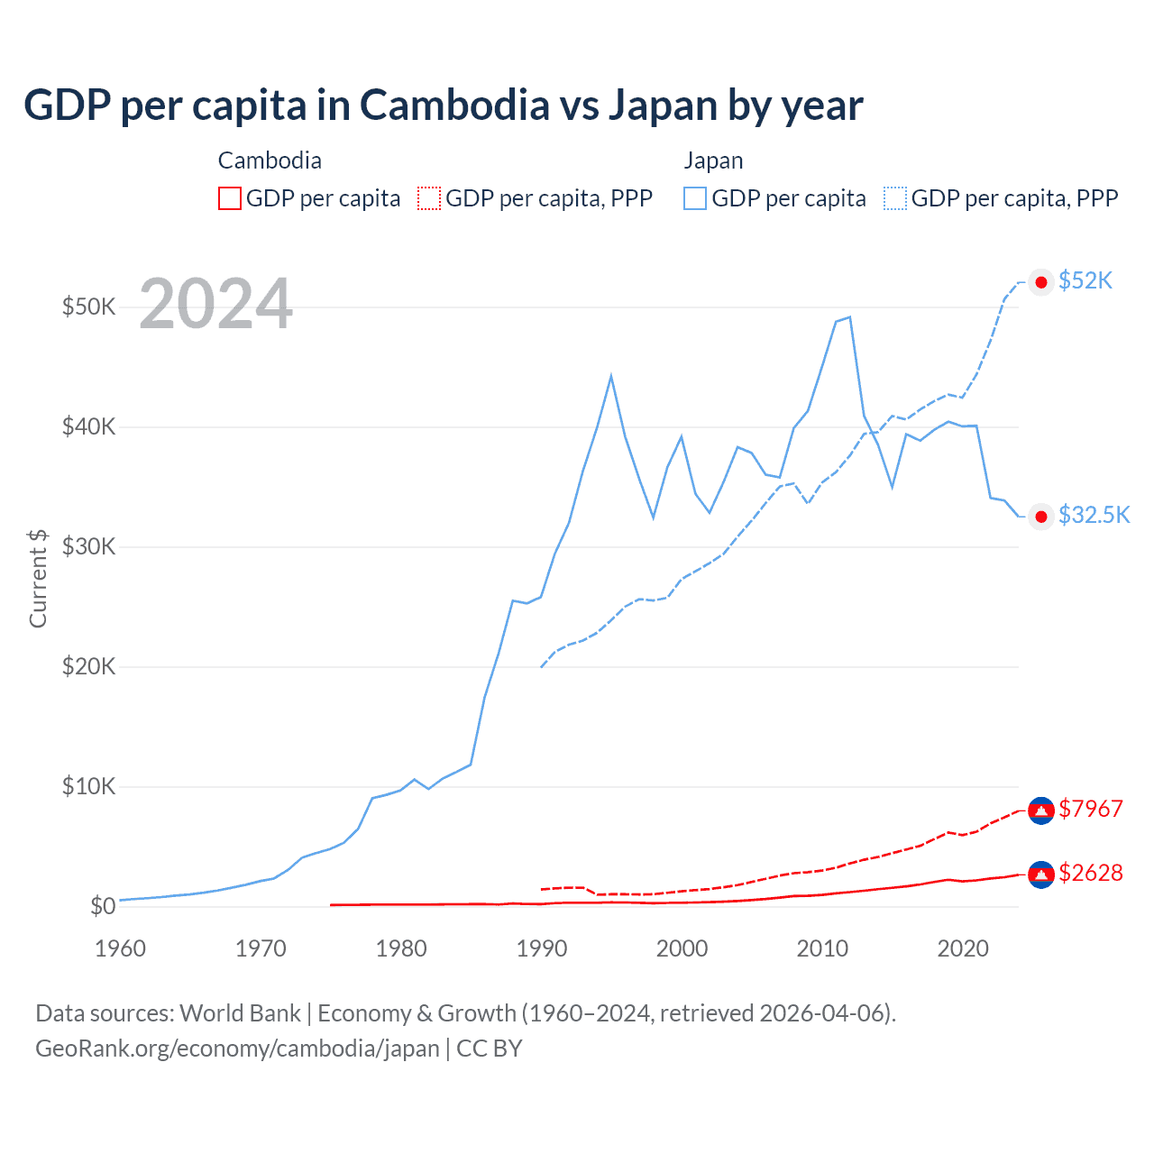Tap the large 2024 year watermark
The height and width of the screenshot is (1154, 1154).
215,305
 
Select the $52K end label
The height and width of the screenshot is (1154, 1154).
1085,281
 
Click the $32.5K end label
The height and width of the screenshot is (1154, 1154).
1094,515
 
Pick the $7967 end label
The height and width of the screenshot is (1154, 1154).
1091,809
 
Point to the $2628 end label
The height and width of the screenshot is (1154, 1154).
1091,873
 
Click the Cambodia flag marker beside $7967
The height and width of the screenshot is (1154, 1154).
1041,811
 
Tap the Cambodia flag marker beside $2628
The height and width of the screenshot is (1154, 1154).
1041,875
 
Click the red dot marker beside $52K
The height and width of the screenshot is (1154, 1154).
1041,282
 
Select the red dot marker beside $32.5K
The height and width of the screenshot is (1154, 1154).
1041,516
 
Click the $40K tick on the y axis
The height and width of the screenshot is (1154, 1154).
88,426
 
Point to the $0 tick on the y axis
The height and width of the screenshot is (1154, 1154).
103,906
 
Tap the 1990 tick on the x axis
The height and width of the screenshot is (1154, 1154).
542,948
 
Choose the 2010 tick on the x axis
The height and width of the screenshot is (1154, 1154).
822,948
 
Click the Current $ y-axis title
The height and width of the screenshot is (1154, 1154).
38,578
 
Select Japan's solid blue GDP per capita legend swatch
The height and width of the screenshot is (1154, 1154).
695,198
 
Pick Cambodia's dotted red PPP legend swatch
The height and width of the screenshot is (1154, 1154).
429,198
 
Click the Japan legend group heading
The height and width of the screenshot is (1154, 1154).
713,160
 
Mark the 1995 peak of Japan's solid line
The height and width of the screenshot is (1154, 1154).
611,375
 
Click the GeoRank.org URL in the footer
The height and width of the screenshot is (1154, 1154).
237,1049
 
